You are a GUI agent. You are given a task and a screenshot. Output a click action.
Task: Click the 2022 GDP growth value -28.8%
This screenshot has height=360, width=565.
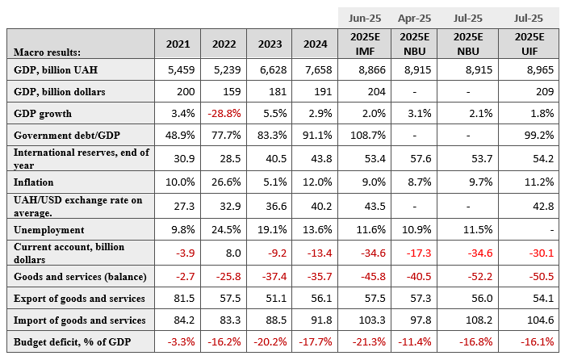[x=224, y=114]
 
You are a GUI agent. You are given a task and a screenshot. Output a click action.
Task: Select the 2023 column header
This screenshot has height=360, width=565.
[x=270, y=44]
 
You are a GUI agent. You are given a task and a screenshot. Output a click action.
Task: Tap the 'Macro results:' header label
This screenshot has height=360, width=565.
[x=47, y=52]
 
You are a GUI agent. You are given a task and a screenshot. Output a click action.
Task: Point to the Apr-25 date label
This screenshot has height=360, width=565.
[x=414, y=19]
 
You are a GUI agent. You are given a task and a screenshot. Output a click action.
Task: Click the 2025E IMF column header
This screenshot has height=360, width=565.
[x=365, y=44]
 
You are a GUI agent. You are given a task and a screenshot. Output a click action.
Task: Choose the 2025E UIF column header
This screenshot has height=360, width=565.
[x=529, y=44]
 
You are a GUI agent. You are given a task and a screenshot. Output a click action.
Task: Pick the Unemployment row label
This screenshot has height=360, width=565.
[x=49, y=230]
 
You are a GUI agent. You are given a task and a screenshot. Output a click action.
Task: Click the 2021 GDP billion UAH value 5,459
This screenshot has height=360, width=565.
[x=182, y=70]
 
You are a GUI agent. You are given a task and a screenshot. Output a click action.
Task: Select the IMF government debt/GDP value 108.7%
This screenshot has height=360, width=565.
[x=368, y=136]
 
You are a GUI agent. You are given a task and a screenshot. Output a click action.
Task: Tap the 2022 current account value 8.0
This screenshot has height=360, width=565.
[x=233, y=253]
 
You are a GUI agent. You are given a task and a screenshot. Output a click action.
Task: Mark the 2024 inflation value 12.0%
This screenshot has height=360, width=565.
[x=317, y=182]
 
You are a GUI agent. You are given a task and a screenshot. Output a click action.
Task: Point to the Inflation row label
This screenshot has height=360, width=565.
[x=34, y=182]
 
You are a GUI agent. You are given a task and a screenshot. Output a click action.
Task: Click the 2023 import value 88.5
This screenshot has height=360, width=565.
[x=276, y=320]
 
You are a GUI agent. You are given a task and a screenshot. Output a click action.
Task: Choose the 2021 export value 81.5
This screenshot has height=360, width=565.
[x=184, y=299]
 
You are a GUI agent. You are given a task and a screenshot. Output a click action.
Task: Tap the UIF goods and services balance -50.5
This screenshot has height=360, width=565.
[x=542, y=276]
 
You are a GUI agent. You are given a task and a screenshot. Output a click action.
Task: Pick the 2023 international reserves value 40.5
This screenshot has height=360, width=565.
[x=276, y=158]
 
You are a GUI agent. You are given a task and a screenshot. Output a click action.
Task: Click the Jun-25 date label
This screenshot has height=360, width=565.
[x=365, y=19]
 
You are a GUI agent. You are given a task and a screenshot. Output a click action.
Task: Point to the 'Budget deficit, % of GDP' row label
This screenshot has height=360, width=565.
[x=72, y=342]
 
